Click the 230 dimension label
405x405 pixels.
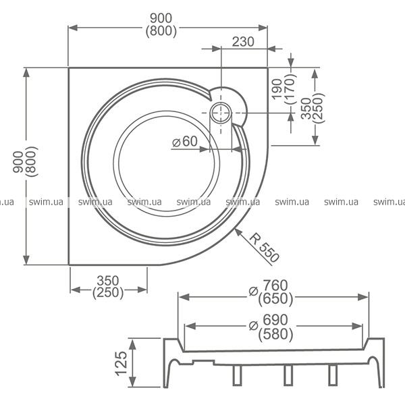(243, 42)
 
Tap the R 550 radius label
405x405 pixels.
(264, 248)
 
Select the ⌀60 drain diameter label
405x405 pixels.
(185, 141)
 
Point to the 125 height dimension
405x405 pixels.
(121, 363)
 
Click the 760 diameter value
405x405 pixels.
(275, 286)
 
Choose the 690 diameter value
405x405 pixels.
(275, 320)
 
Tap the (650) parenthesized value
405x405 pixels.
(275, 299)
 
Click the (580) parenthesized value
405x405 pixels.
(275, 334)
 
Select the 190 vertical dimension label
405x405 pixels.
(277, 89)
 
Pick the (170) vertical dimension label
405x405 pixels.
(290, 89)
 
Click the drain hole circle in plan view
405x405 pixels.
(221, 113)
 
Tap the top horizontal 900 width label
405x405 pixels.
(161, 18)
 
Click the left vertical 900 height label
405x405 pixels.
(19, 162)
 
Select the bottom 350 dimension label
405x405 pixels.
(108, 281)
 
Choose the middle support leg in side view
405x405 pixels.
(288, 375)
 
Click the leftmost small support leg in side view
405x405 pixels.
(237, 375)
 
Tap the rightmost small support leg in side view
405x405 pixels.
(333, 375)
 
